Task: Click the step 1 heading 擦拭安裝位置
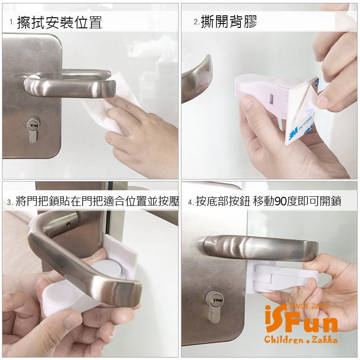(x=60, y=23)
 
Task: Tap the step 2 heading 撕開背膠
(x=229, y=22)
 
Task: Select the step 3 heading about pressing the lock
(x=97, y=201)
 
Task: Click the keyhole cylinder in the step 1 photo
(x=33, y=130)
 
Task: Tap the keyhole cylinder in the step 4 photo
(x=213, y=307)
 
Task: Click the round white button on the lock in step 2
(x=285, y=83)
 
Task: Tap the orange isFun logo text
(x=301, y=319)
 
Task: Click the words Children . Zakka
(x=301, y=339)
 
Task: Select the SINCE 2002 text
(x=309, y=306)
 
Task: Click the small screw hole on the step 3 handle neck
(x=68, y=224)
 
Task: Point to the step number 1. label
(x=12, y=22)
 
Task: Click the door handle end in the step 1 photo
(x=108, y=88)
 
